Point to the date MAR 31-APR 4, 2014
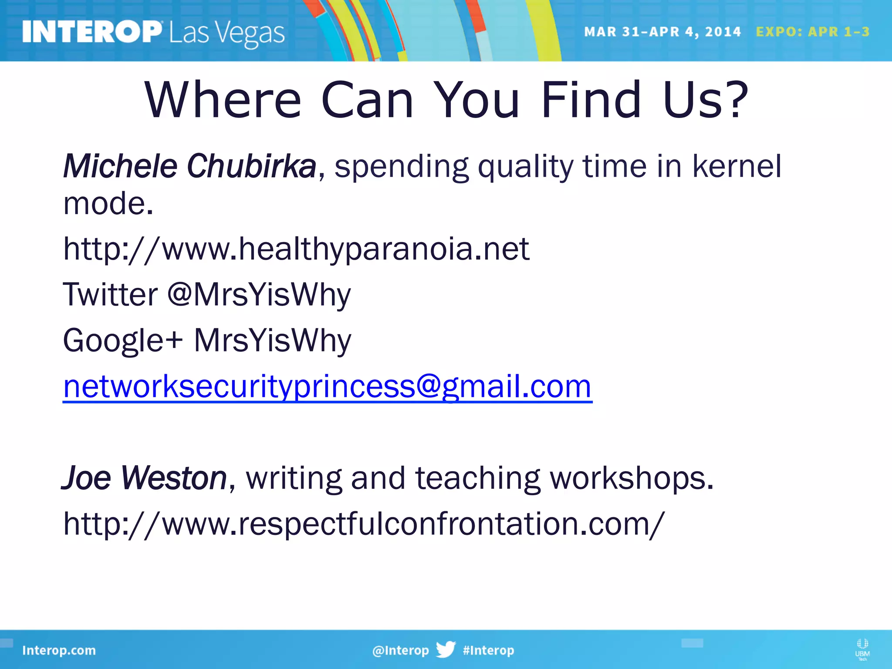[662, 32]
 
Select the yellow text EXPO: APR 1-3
[812, 32]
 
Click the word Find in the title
[591, 100]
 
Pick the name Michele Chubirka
[189, 166]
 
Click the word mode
[108, 203]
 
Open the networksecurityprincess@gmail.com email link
[327, 386]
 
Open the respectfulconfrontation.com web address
[364, 524]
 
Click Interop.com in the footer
[59, 650]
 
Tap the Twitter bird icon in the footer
[446, 649]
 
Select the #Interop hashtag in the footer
[488, 650]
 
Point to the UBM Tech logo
[862, 649]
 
